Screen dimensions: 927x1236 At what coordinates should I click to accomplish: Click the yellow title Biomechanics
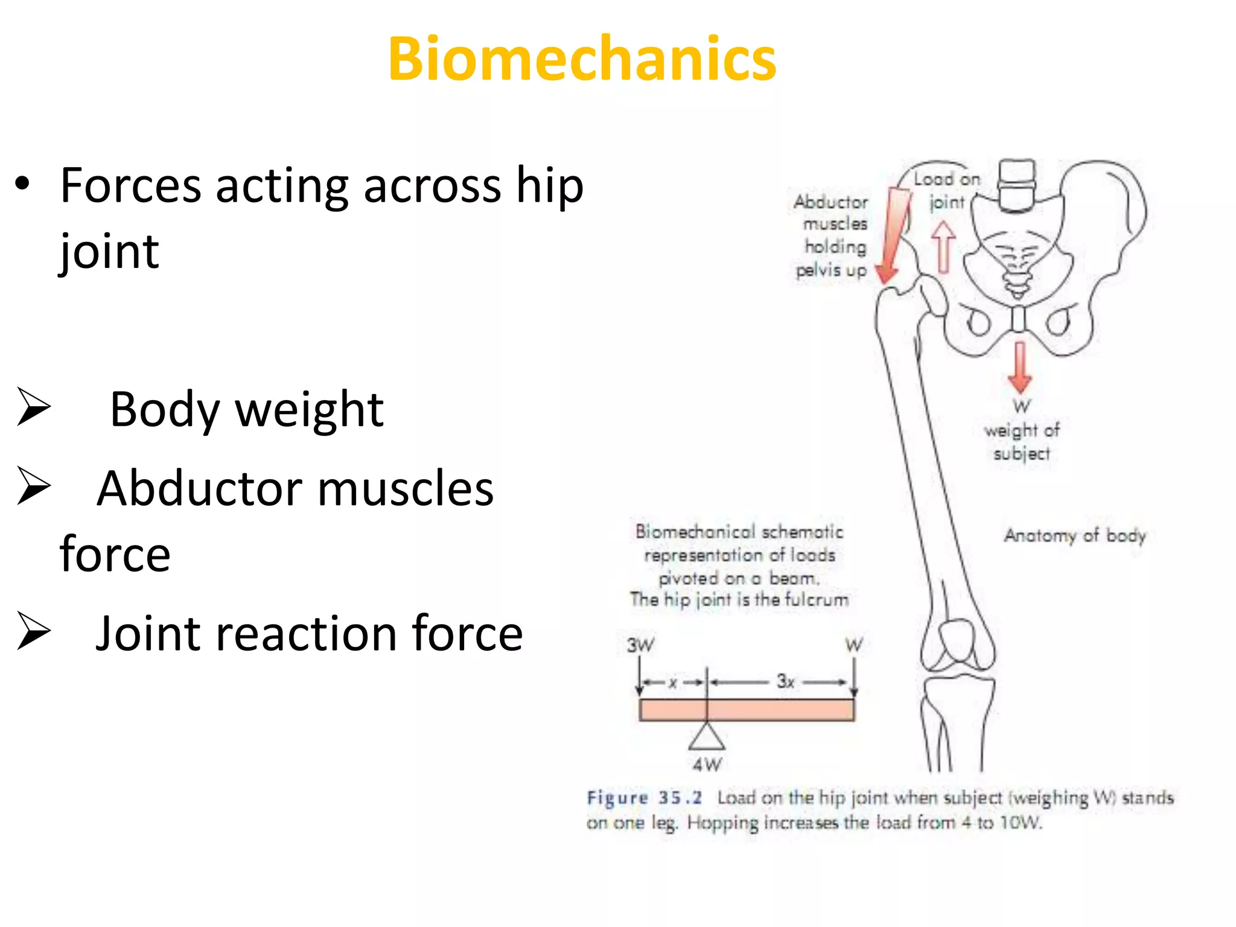click(582, 59)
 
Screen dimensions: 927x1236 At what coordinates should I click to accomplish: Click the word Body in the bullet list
click(164, 410)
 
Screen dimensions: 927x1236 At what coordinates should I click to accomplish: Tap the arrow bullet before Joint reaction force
click(33, 631)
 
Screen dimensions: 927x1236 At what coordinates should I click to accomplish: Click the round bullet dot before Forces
click(22, 184)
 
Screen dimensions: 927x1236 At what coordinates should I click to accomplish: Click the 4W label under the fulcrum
click(707, 765)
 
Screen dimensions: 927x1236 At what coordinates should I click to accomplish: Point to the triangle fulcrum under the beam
click(707, 737)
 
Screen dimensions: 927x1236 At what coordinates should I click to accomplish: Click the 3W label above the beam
click(640, 645)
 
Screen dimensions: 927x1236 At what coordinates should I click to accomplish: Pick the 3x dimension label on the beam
click(785, 681)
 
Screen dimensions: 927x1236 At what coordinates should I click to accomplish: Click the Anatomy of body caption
click(1074, 535)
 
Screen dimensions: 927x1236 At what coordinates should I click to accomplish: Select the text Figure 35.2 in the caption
click(644, 798)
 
